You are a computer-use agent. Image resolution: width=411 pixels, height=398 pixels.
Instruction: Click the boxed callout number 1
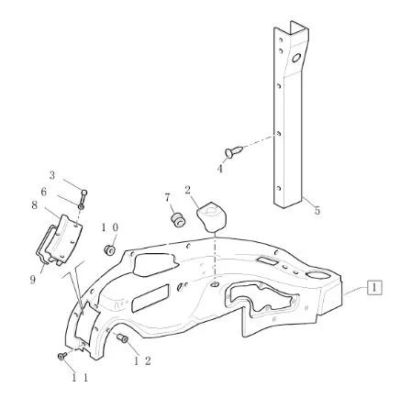click(374, 287)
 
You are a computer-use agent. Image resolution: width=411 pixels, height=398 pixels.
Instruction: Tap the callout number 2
click(187, 191)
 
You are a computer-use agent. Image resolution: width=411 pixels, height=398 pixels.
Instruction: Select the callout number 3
click(52, 175)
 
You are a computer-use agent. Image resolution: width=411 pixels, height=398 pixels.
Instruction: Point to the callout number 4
click(220, 169)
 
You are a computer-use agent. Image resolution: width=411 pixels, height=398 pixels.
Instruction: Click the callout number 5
click(317, 210)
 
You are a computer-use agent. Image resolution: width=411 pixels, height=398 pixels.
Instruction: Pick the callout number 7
click(167, 198)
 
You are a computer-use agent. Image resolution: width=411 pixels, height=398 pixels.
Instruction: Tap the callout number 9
click(33, 279)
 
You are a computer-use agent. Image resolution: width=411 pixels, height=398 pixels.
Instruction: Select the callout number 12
click(142, 361)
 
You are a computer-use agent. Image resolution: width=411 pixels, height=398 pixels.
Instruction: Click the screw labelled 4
click(234, 151)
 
